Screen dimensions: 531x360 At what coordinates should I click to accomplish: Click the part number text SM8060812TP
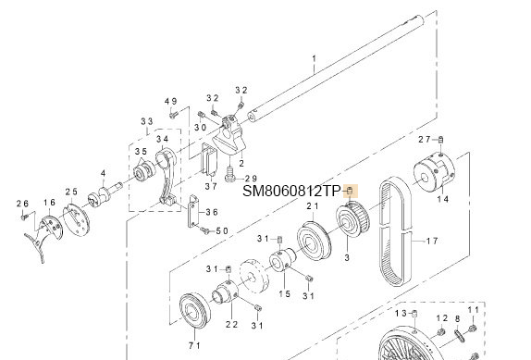[291, 192]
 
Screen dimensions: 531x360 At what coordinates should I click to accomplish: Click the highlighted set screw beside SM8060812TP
[351, 191]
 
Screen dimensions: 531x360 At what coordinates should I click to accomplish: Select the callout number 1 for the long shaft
[314, 58]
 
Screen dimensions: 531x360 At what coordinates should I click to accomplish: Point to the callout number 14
[442, 199]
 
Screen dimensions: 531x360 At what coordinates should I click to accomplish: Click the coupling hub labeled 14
[435, 174]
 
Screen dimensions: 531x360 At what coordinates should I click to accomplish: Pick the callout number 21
[313, 205]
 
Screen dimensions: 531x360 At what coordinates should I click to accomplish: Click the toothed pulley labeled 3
[352, 219]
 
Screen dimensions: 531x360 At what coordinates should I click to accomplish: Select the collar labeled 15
[282, 259]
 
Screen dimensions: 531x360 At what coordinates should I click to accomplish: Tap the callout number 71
[194, 346]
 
